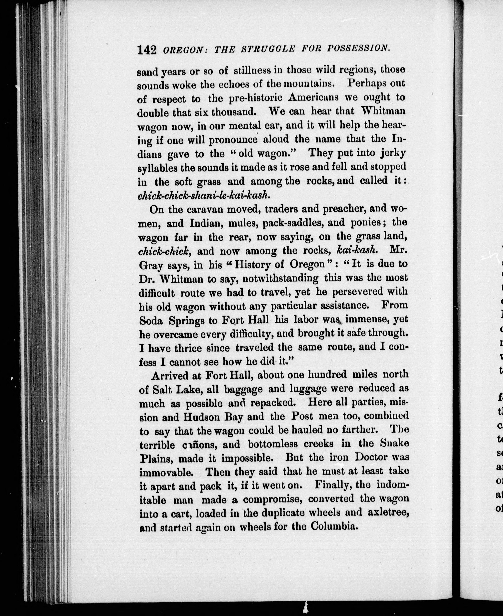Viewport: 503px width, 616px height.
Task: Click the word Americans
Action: coord(313,97)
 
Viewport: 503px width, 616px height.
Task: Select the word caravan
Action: coord(199,209)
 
